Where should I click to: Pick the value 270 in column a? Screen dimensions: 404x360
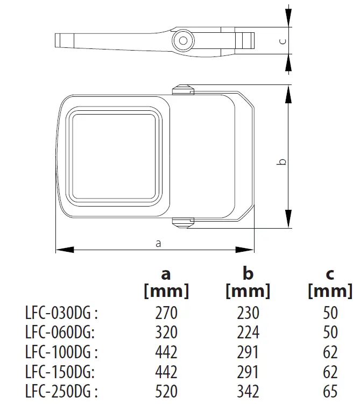166,313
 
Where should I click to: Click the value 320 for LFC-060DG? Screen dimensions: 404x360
166,332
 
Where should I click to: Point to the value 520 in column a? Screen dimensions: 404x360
166,392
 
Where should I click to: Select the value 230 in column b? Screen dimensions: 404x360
248,313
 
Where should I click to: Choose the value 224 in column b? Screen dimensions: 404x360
248,332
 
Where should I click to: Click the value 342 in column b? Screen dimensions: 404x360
248,392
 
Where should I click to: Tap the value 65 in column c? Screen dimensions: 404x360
330,392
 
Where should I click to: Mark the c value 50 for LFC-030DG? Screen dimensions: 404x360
330,313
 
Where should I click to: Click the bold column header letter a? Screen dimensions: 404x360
166,274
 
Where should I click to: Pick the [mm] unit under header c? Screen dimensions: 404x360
330,292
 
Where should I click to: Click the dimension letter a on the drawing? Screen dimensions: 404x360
158,243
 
